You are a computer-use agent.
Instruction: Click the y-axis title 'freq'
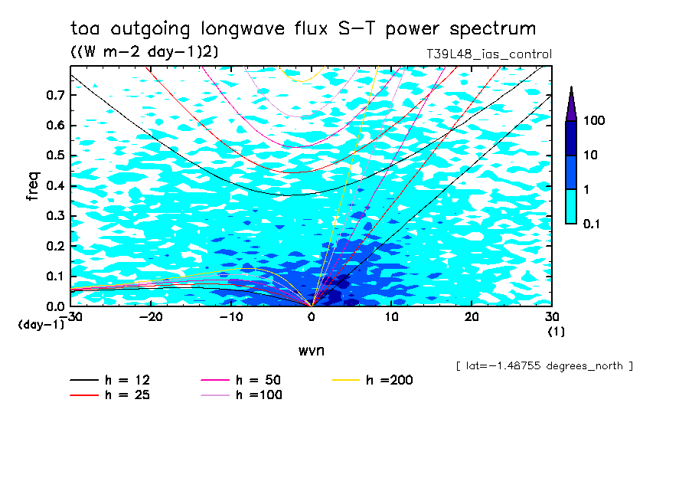pyautogui.click(x=33, y=186)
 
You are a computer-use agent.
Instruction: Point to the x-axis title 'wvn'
pyautogui.click(x=311, y=350)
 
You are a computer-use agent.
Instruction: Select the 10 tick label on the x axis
pyautogui.click(x=391, y=317)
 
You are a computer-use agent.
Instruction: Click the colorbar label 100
pyautogui.click(x=595, y=121)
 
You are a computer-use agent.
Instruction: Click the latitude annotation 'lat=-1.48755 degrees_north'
pyautogui.click(x=544, y=366)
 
